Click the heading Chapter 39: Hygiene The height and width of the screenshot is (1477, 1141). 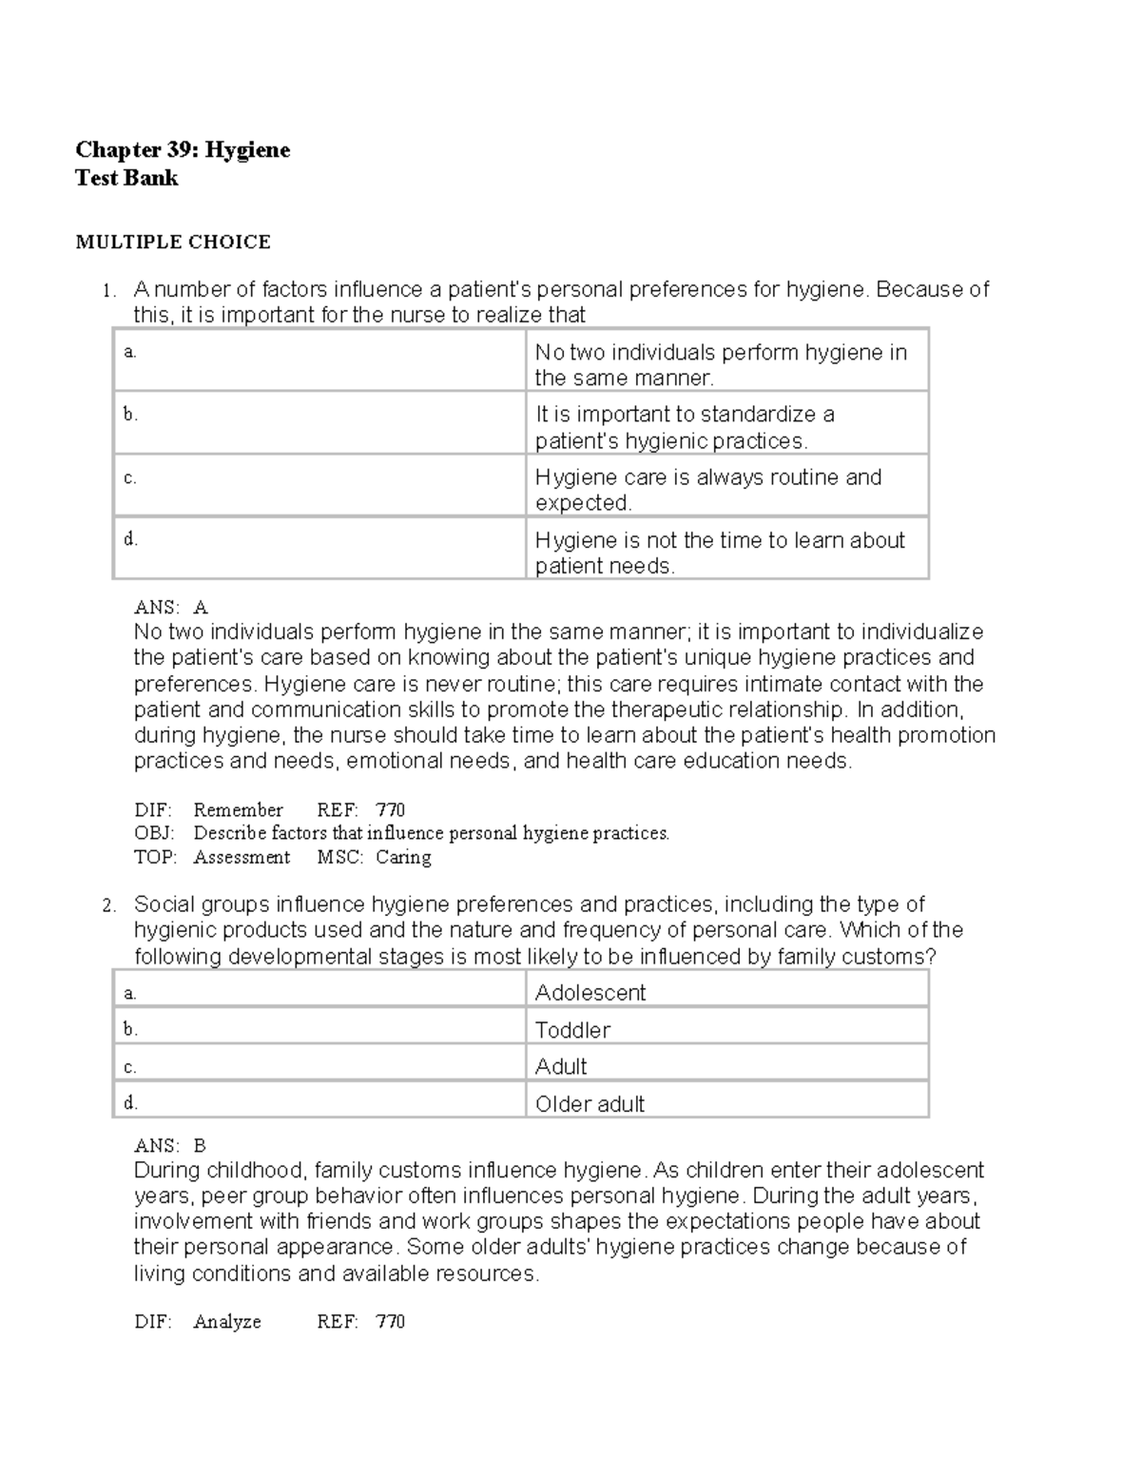coord(183,150)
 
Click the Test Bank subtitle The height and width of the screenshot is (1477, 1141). coord(126,178)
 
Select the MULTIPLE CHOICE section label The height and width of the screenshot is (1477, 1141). coord(173,243)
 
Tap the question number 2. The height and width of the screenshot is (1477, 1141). coord(109,905)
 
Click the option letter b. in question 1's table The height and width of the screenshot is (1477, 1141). coord(130,415)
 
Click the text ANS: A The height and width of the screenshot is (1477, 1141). coord(171,608)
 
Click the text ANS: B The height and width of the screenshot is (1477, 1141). coord(170,1146)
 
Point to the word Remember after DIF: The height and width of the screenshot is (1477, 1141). coord(238,810)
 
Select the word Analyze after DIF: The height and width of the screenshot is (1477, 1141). coord(226,1322)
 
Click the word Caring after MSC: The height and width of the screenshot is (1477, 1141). coord(403,858)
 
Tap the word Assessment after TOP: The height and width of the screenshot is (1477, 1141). coord(242,858)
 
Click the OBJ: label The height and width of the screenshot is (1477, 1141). coord(154,834)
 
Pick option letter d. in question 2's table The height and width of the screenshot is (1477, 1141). coord(130,1103)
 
